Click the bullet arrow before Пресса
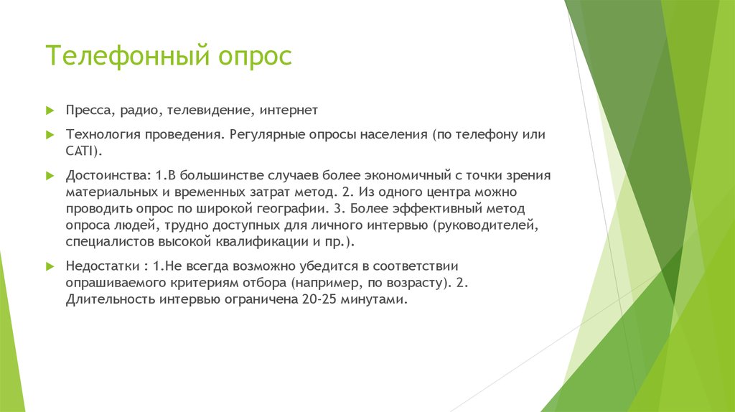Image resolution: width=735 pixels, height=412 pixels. (x=50, y=111)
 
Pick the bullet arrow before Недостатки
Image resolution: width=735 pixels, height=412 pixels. (x=50, y=266)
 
